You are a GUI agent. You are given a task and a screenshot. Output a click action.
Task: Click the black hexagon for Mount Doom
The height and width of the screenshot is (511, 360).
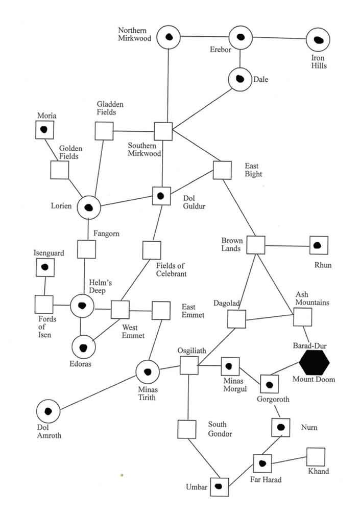click(x=314, y=362)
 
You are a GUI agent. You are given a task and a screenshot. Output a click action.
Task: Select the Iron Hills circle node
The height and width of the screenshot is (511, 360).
click(x=318, y=40)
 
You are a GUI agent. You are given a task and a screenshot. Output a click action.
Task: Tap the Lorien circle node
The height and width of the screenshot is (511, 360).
click(x=88, y=207)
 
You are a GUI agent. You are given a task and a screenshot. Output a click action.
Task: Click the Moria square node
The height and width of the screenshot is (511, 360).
click(x=45, y=129)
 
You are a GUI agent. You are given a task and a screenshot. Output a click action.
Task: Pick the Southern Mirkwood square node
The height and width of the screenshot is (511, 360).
click(x=163, y=131)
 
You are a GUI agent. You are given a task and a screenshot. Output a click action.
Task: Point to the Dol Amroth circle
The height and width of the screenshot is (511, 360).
click(x=49, y=411)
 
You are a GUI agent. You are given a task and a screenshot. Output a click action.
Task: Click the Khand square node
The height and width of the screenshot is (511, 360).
click(x=316, y=457)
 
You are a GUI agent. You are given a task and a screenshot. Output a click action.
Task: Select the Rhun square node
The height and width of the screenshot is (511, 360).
click(x=319, y=245)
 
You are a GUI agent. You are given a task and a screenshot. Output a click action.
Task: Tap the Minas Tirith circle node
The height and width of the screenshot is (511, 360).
click(x=148, y=372)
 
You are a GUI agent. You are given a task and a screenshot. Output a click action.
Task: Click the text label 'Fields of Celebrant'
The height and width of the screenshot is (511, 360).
click(x=172, y=269)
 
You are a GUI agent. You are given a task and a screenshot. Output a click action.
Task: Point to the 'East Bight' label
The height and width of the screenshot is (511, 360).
click(x=253, y=170)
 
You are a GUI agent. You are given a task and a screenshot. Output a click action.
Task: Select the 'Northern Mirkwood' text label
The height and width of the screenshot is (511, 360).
click(x=135, y=34)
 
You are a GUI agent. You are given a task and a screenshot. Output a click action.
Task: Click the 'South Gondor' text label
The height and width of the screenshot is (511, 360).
click(x=220, y=429)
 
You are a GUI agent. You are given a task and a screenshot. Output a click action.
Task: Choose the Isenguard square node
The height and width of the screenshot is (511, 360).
click(x=45, y=267)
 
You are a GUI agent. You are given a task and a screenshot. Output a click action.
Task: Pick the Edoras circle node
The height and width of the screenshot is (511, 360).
click(x=84, y=347)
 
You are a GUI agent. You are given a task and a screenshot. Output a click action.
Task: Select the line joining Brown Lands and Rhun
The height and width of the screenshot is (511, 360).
click(x=287, y=246)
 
